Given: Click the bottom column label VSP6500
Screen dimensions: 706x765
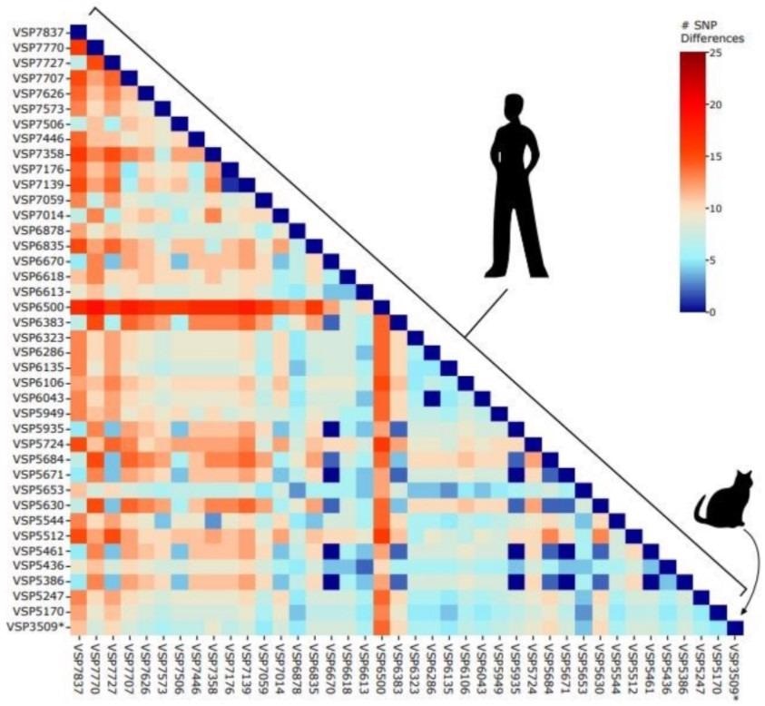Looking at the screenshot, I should (381, 671).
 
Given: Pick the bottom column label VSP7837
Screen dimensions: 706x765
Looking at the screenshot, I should (78, 671).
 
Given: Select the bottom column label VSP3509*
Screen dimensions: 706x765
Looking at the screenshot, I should (736, 672).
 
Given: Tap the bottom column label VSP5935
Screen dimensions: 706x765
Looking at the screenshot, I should (515, 671).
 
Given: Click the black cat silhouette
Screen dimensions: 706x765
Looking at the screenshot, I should (726, 504).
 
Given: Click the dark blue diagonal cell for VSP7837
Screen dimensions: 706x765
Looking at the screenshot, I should (78, 33).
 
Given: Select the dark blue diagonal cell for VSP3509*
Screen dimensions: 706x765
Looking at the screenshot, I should (735, 627).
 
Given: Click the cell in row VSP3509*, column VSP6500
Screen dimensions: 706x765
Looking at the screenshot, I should (381, 627).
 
